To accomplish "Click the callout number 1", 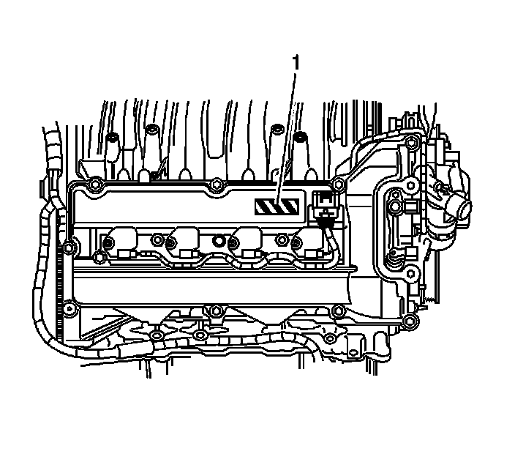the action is (x=296, y=62).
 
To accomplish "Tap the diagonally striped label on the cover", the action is (x=277, y=206).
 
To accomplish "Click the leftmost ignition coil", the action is (x=119, y=242).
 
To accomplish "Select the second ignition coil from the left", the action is (x=183, y=242).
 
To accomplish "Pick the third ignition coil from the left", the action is (x=245, y=242).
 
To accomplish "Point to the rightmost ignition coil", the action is (x=307, y=242).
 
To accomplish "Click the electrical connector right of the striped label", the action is (x=324, y=208).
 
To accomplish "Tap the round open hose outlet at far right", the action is (x=464, y=208).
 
